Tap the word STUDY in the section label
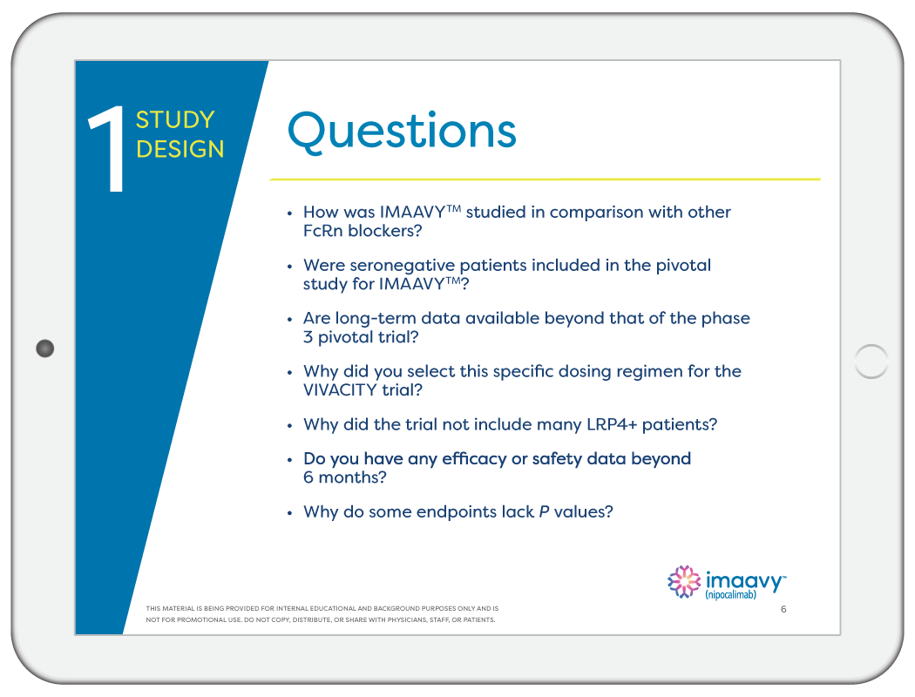pyautogui.click(x=175, y=120)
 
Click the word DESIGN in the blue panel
pyautogui.click(x=180, y=149)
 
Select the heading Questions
pyautogui.click(x=402, y=131)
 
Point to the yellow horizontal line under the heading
pyautogui.click(x=545, y=179)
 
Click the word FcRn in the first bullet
pyautogui.click(x=326, y=231)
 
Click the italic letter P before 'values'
pyautogui.click(x=544, y=512)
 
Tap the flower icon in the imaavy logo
pyautogui.click(x=684, y=582)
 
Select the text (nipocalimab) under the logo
pyautogui.click(x=730, y=595)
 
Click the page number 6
pyautogui.click(x=783, y=609)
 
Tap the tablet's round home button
pyautogui.click(x=871, y=361)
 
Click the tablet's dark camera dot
pyautogui.click(x=45, y=348)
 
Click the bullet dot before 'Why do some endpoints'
pyautogui.click(x=290, y=513)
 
